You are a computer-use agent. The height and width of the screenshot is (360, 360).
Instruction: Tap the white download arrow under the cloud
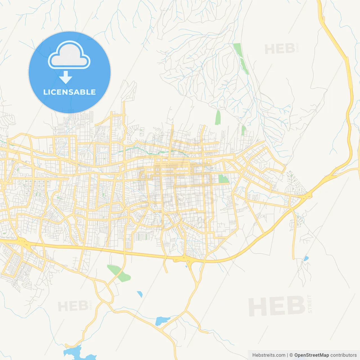[66, 77]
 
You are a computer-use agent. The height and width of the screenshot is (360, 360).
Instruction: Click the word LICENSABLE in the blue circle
[69, 92]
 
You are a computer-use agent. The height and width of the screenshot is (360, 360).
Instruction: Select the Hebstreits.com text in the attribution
[269, 355]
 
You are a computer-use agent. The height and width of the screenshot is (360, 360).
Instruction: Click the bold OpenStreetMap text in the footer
[311, 355]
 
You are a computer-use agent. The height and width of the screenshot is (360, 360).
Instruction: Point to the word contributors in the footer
[343, 355]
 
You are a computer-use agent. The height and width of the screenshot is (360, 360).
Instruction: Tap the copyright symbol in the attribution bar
[291, 355]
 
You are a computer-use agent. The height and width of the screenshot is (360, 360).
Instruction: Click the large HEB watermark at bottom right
[277, 306]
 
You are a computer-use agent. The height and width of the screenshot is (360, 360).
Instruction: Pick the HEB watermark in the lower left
[73, 306]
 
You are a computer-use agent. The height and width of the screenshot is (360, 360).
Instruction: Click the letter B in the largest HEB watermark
[295, 306]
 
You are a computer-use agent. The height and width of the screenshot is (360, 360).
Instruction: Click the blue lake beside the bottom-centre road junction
[162, 321]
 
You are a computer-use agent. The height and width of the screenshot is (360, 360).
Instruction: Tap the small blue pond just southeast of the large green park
[139, 294]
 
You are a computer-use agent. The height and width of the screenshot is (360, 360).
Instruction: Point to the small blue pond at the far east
[306, 258]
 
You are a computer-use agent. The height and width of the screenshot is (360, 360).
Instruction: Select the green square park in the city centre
[224, 179]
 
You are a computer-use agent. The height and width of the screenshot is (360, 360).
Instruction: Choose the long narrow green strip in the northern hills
[241, 58]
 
